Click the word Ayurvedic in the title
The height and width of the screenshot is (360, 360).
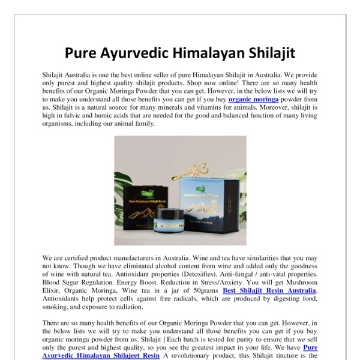pyautogui.click(x=130, y=53)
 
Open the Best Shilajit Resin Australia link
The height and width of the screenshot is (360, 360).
pyautogui.click(x=269, y=291)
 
